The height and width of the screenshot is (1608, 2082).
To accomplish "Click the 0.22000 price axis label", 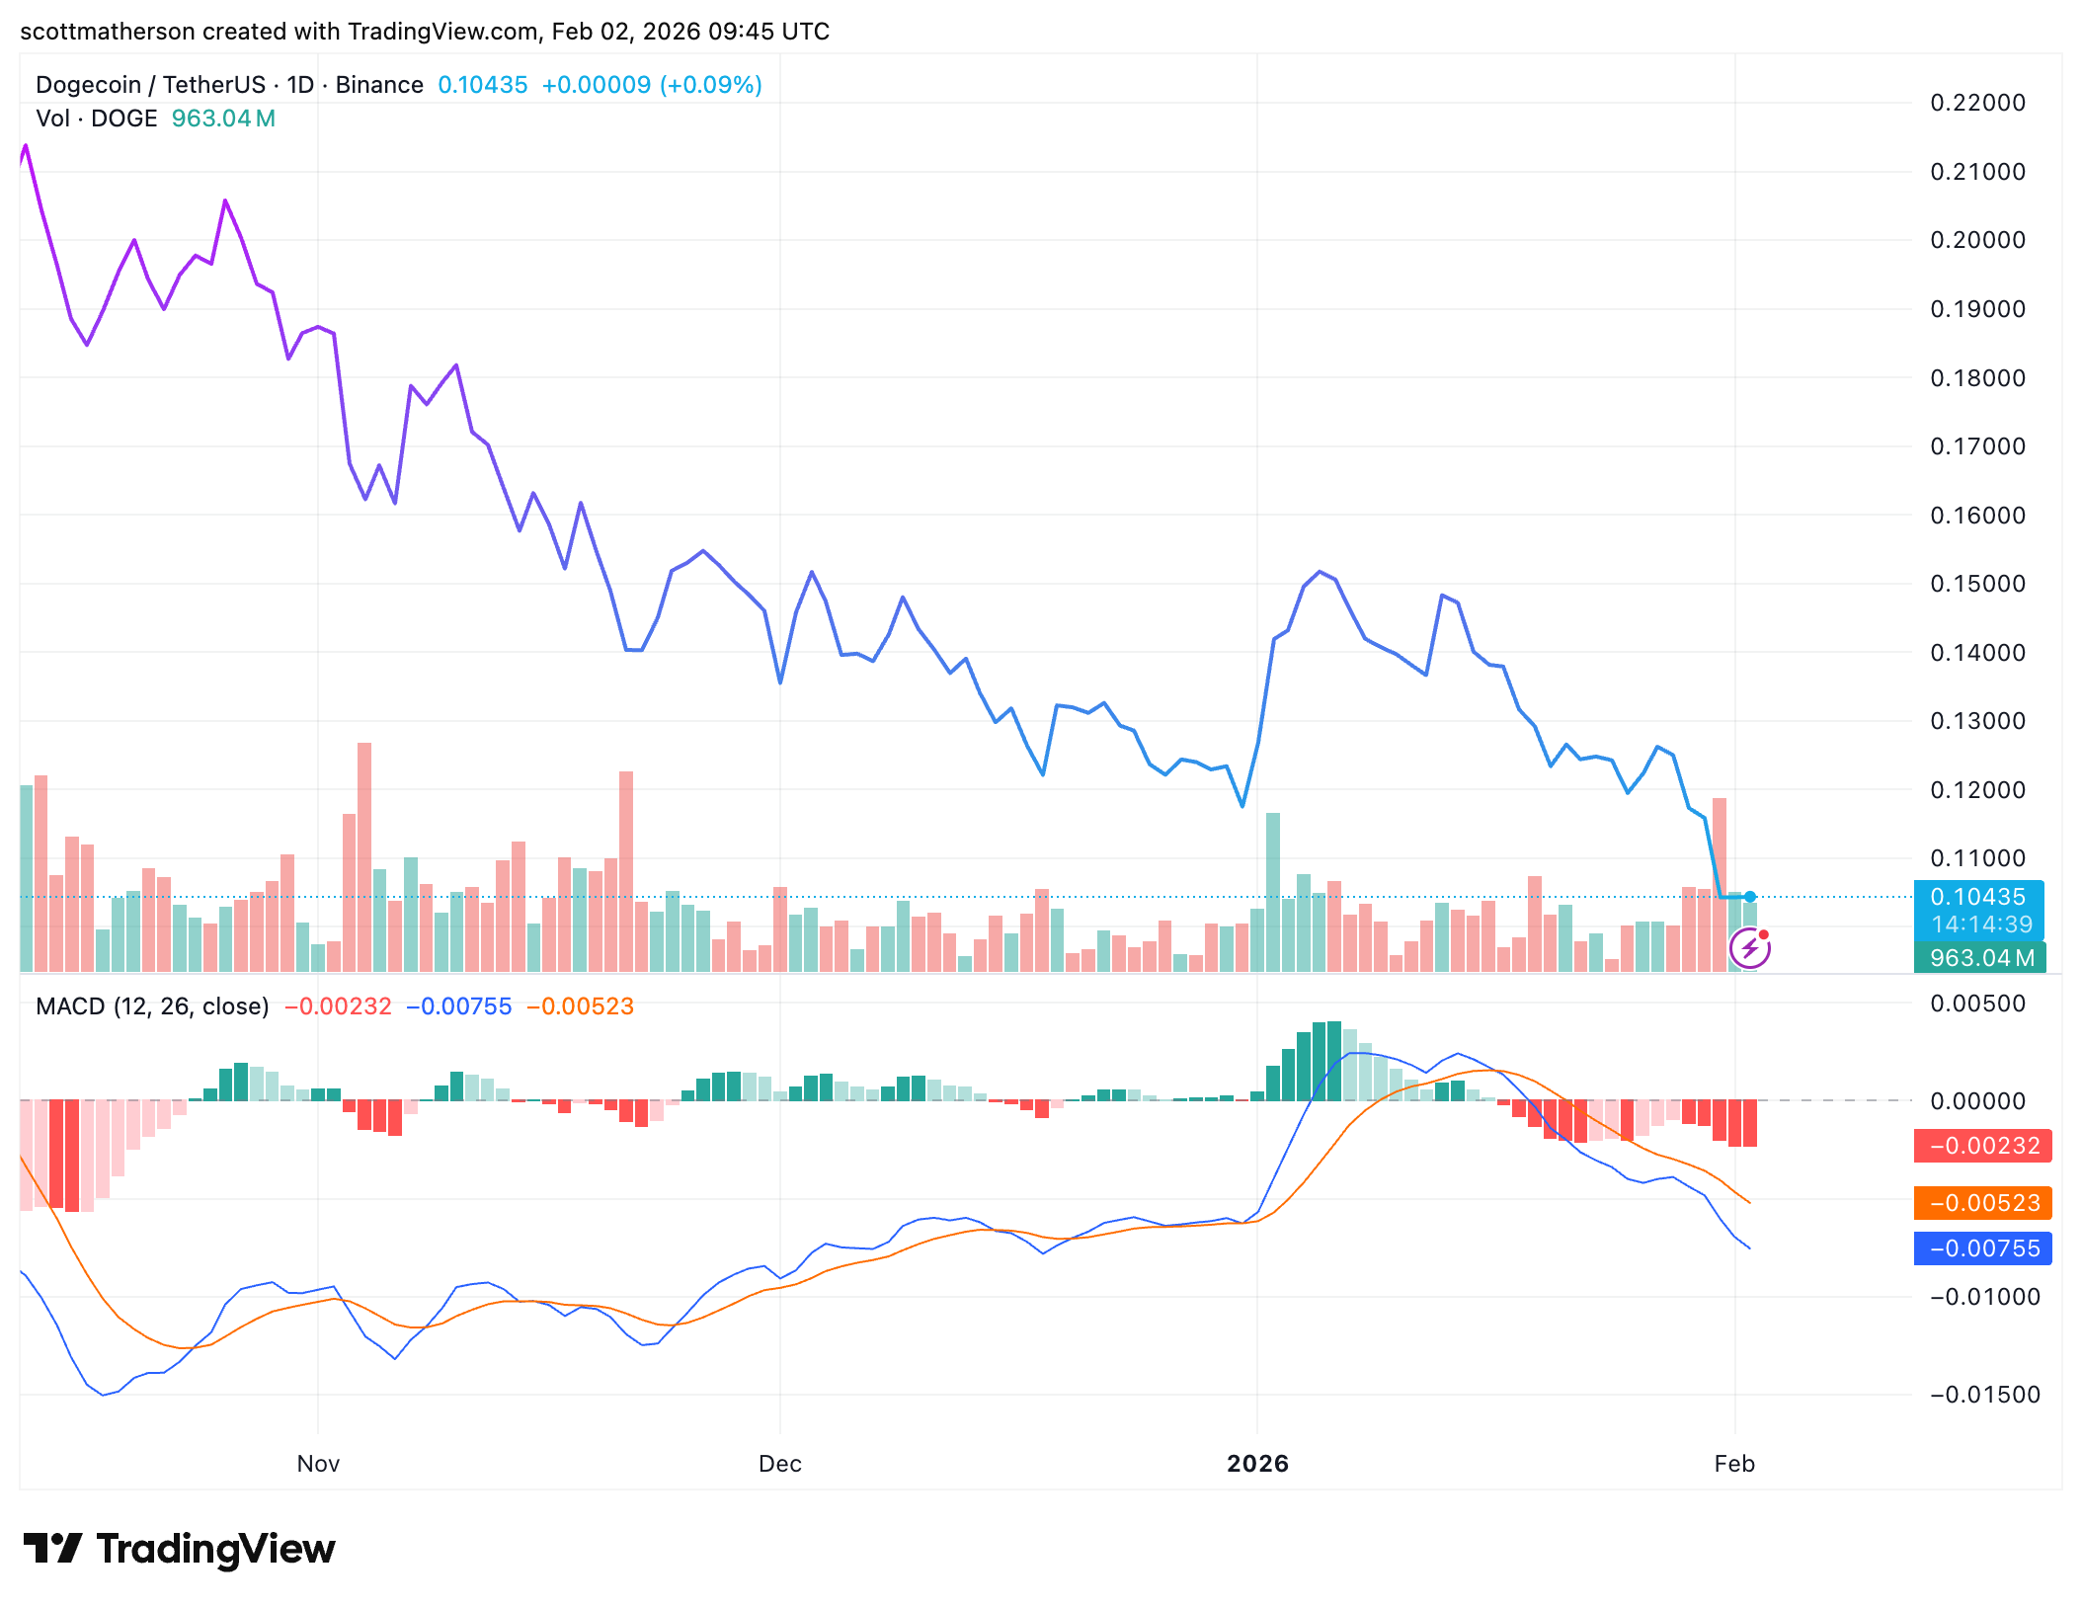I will click(1977, 103).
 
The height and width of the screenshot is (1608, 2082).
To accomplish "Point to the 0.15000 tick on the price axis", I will click(1977, 584).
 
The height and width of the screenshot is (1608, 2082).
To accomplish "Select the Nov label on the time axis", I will click(318, 1464).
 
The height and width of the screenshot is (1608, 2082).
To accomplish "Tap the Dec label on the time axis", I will click(779, 1464).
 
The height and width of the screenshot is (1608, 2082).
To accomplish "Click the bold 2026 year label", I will click(1257, 1464).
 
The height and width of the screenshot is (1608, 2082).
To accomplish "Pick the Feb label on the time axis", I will click(1734, 1464).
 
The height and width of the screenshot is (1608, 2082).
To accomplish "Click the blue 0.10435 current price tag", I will click(1978, 897).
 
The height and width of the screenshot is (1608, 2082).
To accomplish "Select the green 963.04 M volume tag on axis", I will click(1980, 958).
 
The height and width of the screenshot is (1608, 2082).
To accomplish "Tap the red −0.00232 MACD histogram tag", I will click(1983, 1146).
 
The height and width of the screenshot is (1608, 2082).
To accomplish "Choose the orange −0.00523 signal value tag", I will click(1983, 1203).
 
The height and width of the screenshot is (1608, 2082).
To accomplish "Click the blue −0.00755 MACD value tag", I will click(1983, 1248).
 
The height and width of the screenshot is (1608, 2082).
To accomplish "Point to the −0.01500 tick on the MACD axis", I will click(1984, 1395).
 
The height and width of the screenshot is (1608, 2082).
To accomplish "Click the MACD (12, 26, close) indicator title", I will click(152, 1006).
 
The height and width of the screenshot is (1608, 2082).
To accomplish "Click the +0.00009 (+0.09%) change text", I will click(652, 85).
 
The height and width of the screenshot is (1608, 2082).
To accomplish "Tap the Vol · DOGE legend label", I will click(97, 119).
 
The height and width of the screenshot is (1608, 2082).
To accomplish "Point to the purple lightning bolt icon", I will click(1750, 949).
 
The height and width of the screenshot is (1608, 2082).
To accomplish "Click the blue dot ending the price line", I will click(1750, 897).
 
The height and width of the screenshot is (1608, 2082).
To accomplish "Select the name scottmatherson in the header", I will click(108, 32).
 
